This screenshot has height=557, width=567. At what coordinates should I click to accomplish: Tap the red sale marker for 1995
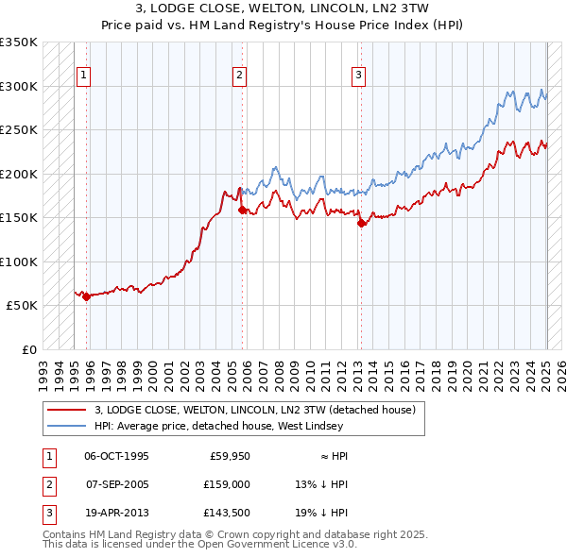(x=86, y=296)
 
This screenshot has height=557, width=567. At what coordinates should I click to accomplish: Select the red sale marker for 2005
(x=242, y=210)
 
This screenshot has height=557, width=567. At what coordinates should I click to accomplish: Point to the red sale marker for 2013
(x=361, y=224)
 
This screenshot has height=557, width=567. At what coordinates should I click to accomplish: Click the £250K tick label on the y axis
(x=19, y=129)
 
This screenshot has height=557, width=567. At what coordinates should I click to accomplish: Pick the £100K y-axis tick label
(x=19, y=262)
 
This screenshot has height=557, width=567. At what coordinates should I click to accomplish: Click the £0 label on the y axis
(x=27, y=349)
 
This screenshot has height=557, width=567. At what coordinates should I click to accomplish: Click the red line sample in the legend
(x=65, y=410)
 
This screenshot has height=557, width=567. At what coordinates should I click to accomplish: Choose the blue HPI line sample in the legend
(x=65, y=426)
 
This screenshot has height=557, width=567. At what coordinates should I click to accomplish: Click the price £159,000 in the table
(x=227, y=484)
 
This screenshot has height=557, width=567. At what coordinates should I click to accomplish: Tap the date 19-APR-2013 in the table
(x=116, y=513)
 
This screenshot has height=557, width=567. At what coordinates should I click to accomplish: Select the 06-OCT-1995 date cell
(x=116, y=456)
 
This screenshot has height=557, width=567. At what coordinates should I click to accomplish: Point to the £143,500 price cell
(x=227, y=513)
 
